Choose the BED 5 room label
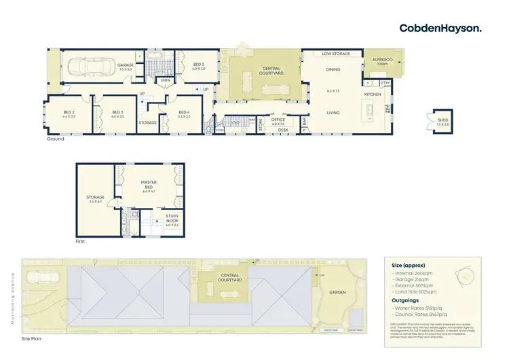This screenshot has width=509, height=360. [197, 65]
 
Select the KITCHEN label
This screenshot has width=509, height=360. [373, 94]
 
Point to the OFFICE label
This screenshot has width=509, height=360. [278, 120]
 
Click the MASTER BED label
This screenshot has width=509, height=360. [149, 183]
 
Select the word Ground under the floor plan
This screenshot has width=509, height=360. [55, 139]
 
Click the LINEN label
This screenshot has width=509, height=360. [165, 80]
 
